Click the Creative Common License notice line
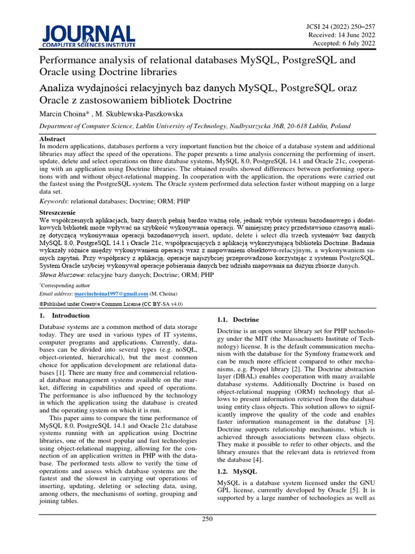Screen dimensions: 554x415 pyautogui.click(x=111, y=304)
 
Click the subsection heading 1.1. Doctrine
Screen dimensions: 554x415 pyautogui.click(x=238, y=320)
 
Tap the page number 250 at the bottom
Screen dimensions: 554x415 pyautogui.click(x=207, y=519)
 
